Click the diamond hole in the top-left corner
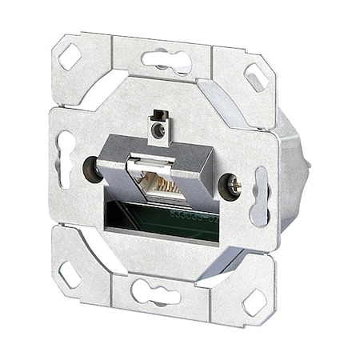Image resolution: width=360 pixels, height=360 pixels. [70, 57]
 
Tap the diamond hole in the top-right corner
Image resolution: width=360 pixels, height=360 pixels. [256, 76]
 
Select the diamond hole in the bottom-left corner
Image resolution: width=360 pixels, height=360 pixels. [70, 274]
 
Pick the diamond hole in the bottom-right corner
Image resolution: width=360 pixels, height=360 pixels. [254, 301]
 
